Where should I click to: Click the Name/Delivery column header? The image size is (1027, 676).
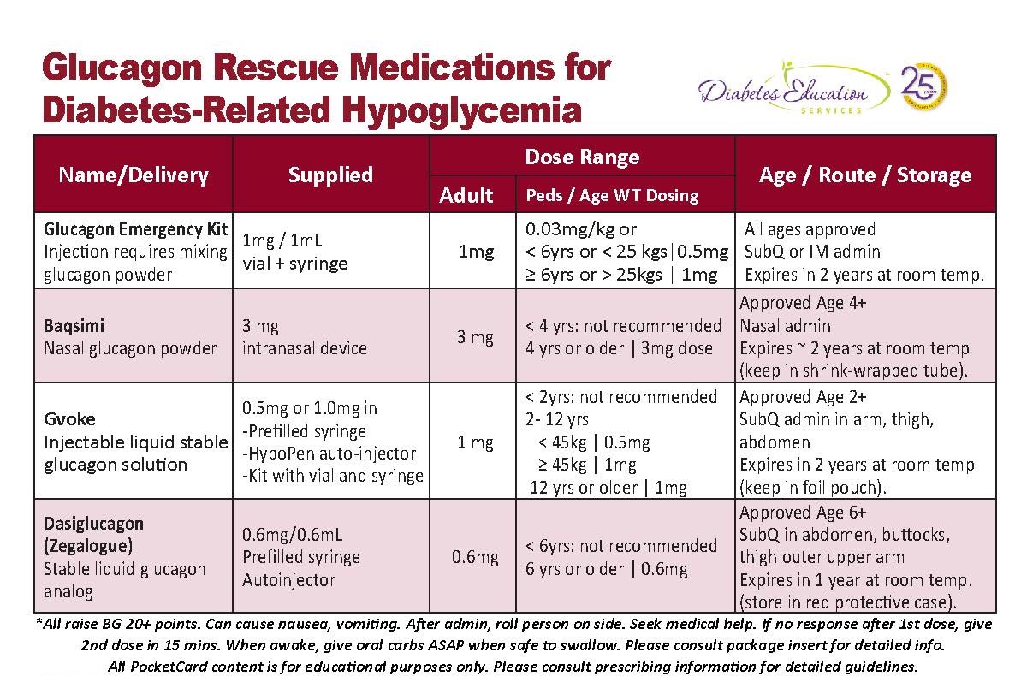pos(134,175)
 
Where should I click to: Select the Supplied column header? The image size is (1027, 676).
pos(330,175)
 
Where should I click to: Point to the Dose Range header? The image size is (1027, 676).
pos(582,157)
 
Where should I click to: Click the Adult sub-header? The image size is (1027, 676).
pos(466,195)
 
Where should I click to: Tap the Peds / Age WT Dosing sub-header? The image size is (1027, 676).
pos(612,195)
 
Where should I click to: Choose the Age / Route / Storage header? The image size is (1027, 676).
pos(865,175)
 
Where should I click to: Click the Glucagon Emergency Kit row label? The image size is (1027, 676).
pos(136,229)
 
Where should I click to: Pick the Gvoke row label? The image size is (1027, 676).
pos(70,419)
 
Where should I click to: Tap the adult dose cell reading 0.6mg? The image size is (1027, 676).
pos(475,557)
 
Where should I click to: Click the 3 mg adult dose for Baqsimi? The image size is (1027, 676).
pos(475,337)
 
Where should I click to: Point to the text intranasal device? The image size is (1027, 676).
pos(305,348)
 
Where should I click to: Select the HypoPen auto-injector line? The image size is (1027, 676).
pos(329,454)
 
